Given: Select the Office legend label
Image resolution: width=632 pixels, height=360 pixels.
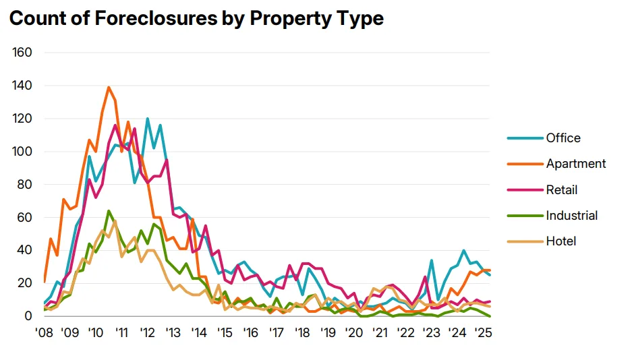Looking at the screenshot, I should pyautogui.click(x=563, y=138).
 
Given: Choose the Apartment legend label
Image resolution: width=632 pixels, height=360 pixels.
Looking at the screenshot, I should pyautogui.click(x=576, y=164).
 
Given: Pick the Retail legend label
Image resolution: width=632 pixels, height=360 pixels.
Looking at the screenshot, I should pyautogui.click(x=562, y=190).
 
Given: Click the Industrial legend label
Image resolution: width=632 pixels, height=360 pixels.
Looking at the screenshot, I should pyautogui.click(x=572, y=216).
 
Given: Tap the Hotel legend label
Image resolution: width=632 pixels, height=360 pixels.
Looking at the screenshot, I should pyautogui.click(x=561, y=241).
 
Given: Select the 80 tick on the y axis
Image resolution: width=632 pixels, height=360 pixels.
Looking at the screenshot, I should pyautogui.click(x=26, y=184).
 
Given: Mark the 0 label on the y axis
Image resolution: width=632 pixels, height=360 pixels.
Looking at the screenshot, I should pyautogui.click(x=29, y=316).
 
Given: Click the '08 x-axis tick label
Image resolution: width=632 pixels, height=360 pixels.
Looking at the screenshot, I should pyautogui.click(x=44, y=333).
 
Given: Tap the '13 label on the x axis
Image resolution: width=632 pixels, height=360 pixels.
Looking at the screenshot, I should pyautogui.click(x=173, y=333).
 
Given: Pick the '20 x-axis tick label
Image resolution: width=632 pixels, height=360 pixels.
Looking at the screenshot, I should pyautogui.click(x=354, y=333).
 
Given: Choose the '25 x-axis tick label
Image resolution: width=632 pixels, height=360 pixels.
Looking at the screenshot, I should pyautogui.click(x=483, y=333).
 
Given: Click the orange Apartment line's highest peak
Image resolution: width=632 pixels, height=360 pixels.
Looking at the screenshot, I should pyautogui.click(x=109, y=87).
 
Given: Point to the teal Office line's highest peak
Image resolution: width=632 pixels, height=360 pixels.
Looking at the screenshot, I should pyautogui.click(x=147, y=119).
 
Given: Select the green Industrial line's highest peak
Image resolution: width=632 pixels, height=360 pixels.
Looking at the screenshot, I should pyautogui.click(x=109, y=210).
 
